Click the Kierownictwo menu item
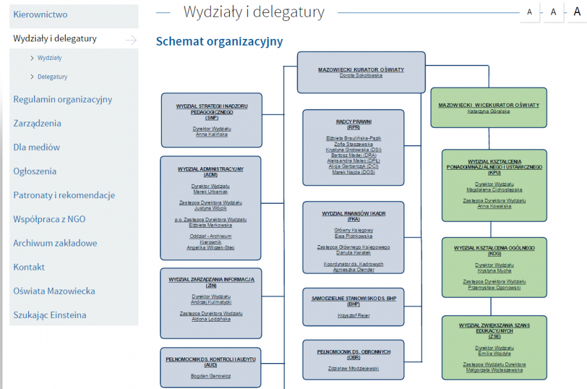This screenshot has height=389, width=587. (41, 14)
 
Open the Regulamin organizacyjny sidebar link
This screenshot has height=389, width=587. (62, 99)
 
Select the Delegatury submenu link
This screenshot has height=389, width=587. (52, 77)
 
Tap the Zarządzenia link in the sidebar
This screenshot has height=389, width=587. (37, 123)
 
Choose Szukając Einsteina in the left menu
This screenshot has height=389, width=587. (49, 315)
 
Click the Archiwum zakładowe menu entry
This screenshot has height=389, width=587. (55, 243)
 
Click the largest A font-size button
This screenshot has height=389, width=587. (577, 11)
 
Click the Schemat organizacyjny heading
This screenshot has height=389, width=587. (219, 41)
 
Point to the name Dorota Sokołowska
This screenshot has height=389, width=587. (361, 75)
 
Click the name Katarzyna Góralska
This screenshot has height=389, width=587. (488, 111)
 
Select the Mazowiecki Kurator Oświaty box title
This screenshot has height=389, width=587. (361, 70)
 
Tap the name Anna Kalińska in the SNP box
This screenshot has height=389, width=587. (211, 134)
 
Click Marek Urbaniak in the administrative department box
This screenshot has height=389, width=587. (210, 191)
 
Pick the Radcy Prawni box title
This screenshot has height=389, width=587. (353, 122)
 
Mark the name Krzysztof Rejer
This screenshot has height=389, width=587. (353, 315)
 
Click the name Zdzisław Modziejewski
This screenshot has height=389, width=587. (353, 368)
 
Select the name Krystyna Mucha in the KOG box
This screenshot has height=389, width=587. (494, 270)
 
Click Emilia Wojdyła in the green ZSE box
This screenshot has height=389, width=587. (494, 353)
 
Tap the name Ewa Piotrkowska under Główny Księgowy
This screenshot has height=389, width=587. (353, 236)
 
